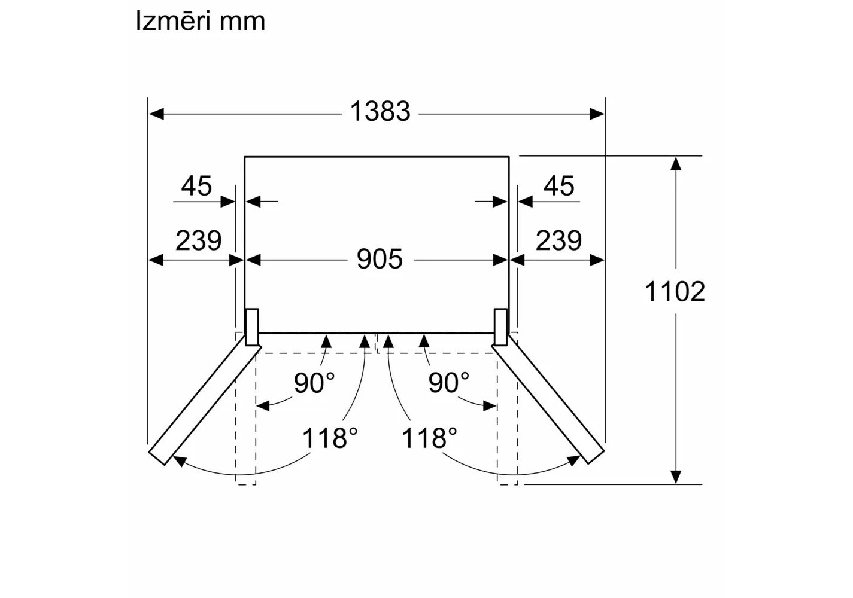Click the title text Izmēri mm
coord(201,22)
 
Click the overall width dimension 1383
coord(380,111)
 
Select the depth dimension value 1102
coord(675,292)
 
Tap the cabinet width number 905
coord(380,259)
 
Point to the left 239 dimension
coord(198,240)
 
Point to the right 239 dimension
coord(558,240)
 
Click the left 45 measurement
coord(196,185)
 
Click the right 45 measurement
coord(558,185)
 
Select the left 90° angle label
coord(314,383)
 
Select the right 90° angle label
coord(449,383)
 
